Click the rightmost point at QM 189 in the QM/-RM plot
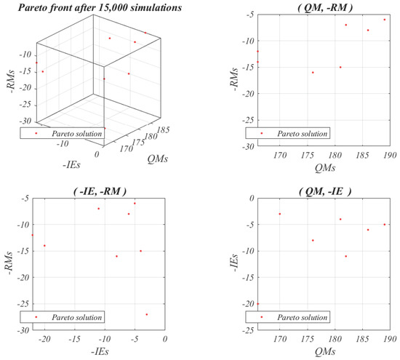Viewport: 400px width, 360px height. point(385,20)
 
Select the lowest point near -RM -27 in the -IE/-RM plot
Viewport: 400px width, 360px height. point(147,314)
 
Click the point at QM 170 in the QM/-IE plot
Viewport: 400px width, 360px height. point(280,214)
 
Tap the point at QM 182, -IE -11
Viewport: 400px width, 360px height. point(346,256)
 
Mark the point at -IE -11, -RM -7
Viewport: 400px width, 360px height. point(98,209)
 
